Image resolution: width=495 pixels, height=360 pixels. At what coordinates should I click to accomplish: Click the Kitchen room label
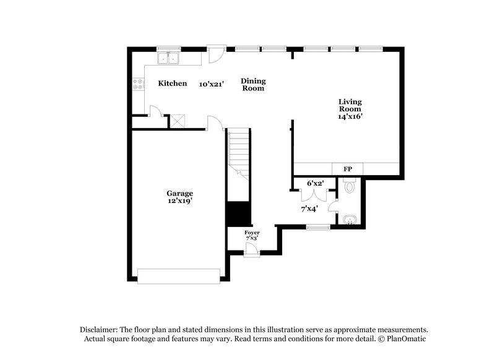coord(172,84)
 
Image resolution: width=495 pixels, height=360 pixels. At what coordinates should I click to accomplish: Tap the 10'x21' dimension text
coord(211,84)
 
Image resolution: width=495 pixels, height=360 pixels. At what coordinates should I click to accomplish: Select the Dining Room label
coord(252,85)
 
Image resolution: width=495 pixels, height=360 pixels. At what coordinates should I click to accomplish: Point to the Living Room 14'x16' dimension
coord(350,116)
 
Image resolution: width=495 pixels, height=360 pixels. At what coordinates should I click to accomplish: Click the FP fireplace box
coord(347,169)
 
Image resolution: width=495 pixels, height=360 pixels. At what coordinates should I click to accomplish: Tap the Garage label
coord(179,193)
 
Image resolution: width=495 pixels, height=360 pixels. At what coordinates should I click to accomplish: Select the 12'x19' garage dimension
coord(179,202)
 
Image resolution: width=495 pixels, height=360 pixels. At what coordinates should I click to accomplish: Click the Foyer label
coord(251,232)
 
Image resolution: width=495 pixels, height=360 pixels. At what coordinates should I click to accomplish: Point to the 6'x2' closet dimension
coord(316,183)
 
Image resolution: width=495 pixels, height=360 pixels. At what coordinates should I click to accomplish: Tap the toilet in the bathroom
coord(349,186)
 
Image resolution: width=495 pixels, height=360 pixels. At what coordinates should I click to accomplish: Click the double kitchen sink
coord(168,59)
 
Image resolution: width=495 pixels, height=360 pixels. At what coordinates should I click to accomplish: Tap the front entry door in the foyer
coord(251,249)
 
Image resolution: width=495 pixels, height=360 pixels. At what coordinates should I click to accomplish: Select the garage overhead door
coord(179,276)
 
